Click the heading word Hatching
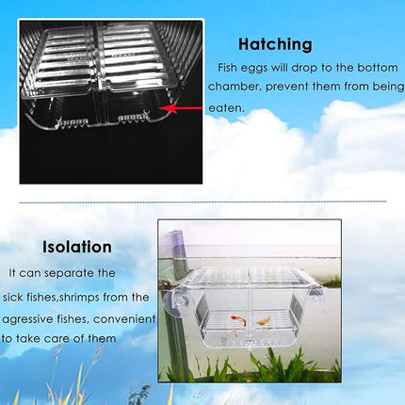click(275, 43)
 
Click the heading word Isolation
click(77, 247)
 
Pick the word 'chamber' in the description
click(242, 89)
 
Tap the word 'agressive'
click(27, 317)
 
